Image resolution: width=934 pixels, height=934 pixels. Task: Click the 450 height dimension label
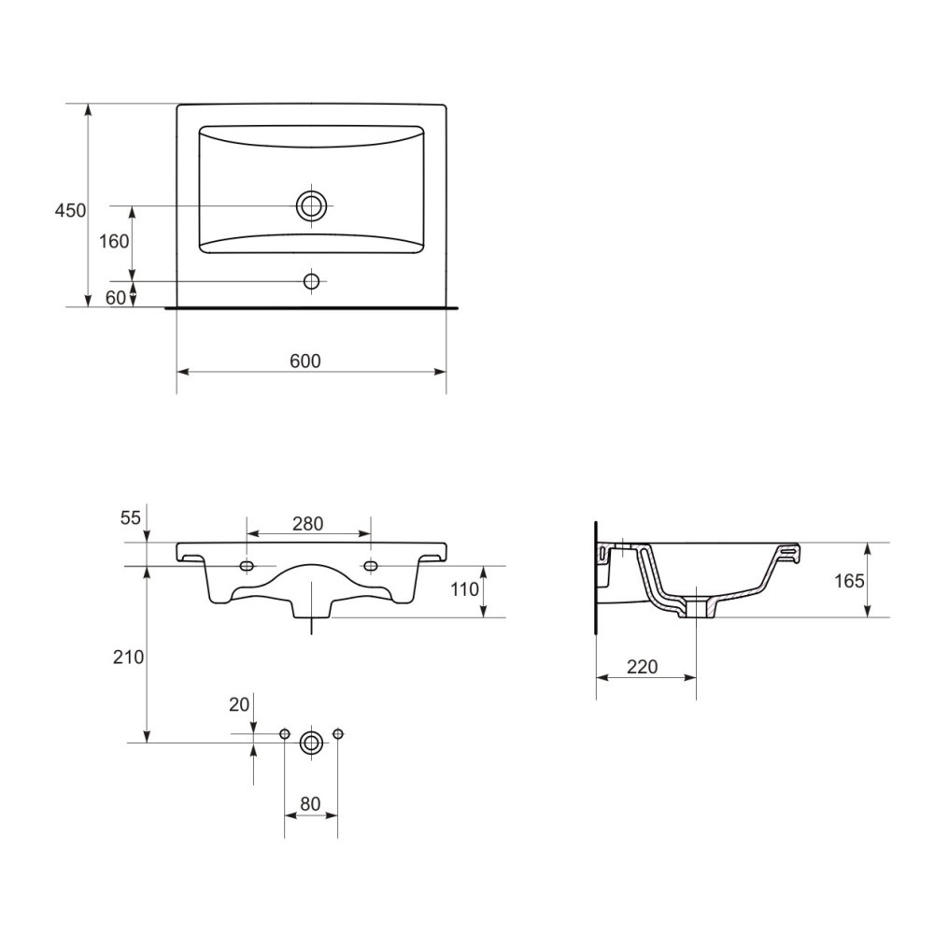(x=70, y=210)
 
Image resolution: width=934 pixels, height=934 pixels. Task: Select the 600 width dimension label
(x=305, y=361)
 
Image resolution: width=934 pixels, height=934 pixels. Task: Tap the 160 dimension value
(x=114, y=241)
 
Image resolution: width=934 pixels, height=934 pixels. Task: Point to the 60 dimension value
(x=116, y=297)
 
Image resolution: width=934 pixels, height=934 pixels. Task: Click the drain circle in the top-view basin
(x=312, y=206)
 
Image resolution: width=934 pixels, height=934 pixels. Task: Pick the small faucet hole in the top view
(x=312, y=281)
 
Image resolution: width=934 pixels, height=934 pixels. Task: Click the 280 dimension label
(x=308, y=524)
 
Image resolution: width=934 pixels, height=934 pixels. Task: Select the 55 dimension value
(x=131, y=517)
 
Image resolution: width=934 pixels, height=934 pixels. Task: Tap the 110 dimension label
(x=464, y=589)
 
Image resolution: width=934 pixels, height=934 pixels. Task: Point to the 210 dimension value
(x=129, y=657)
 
